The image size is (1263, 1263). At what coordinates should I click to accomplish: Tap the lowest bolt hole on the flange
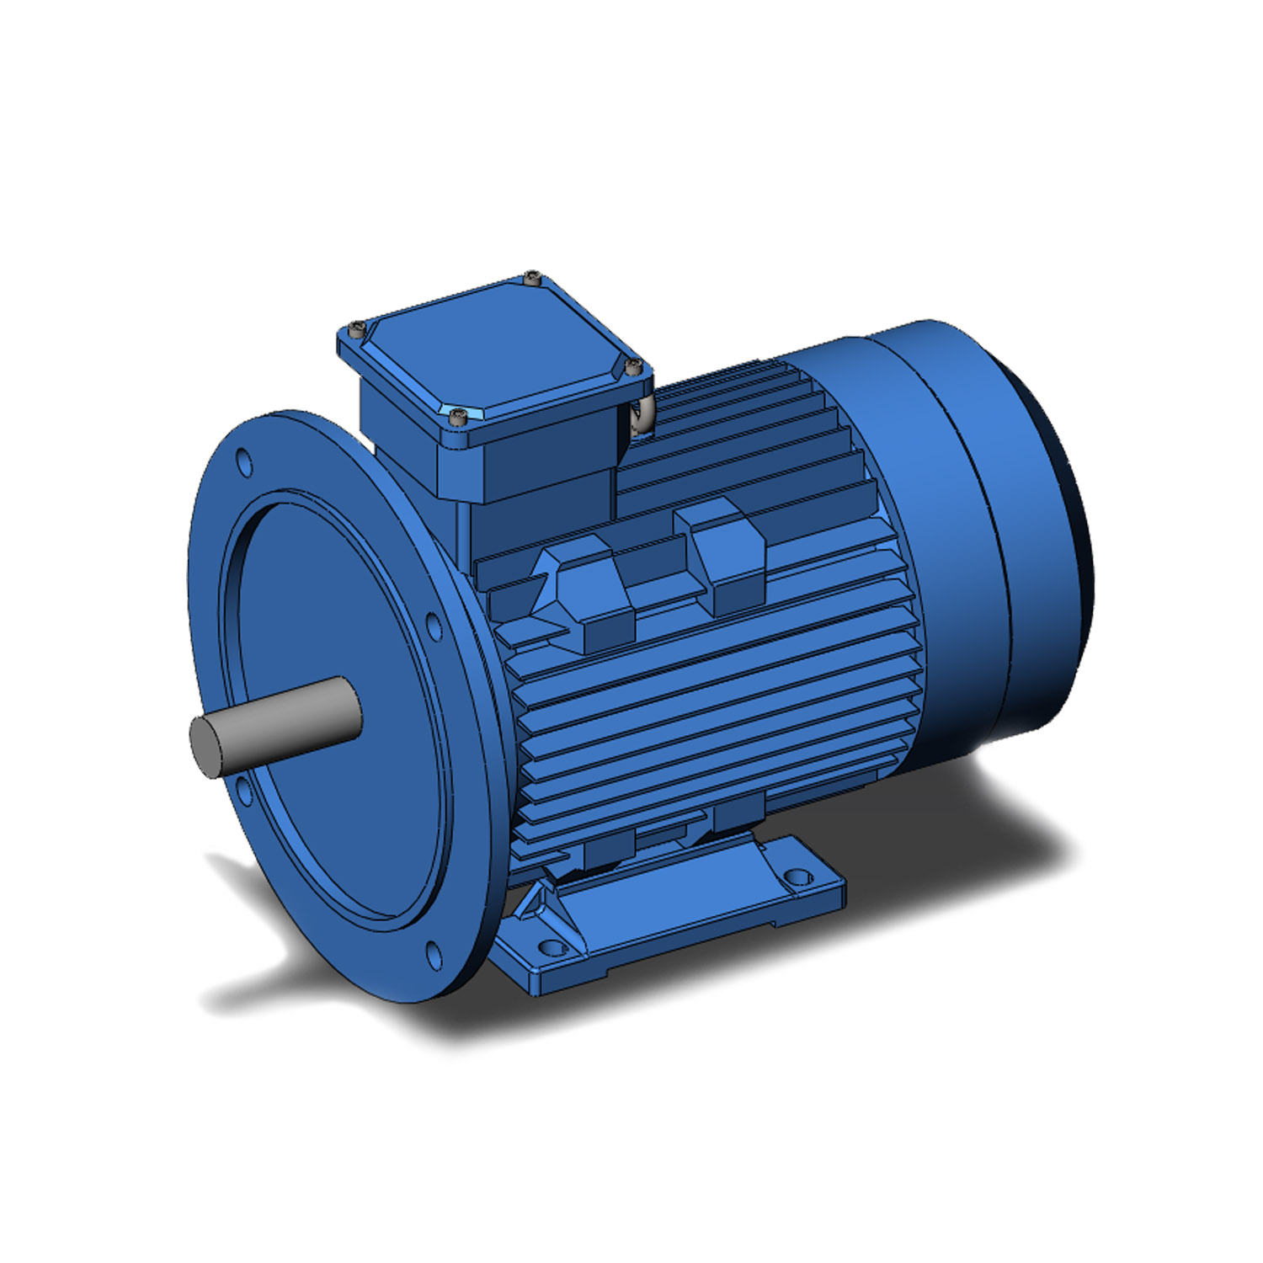tap(433, 954)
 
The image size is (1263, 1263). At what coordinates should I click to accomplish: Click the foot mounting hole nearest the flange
tap(552, 947)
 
